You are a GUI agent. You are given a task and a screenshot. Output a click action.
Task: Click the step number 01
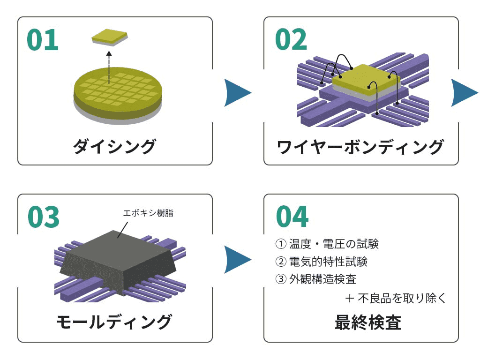(43, 40)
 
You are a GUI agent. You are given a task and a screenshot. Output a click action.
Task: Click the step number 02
(291, 40)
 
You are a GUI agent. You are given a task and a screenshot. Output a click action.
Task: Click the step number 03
(44, 217)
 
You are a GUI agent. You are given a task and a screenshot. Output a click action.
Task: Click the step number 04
(292, 217)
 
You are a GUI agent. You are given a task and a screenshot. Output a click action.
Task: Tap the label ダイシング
(114, 147)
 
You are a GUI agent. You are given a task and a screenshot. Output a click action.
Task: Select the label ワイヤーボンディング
(360, 147)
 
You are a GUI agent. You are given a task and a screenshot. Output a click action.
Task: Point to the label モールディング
(114, 322)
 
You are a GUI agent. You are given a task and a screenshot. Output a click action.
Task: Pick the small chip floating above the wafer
(109, 37)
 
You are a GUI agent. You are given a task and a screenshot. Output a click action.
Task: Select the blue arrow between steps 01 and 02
(237, 92)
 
